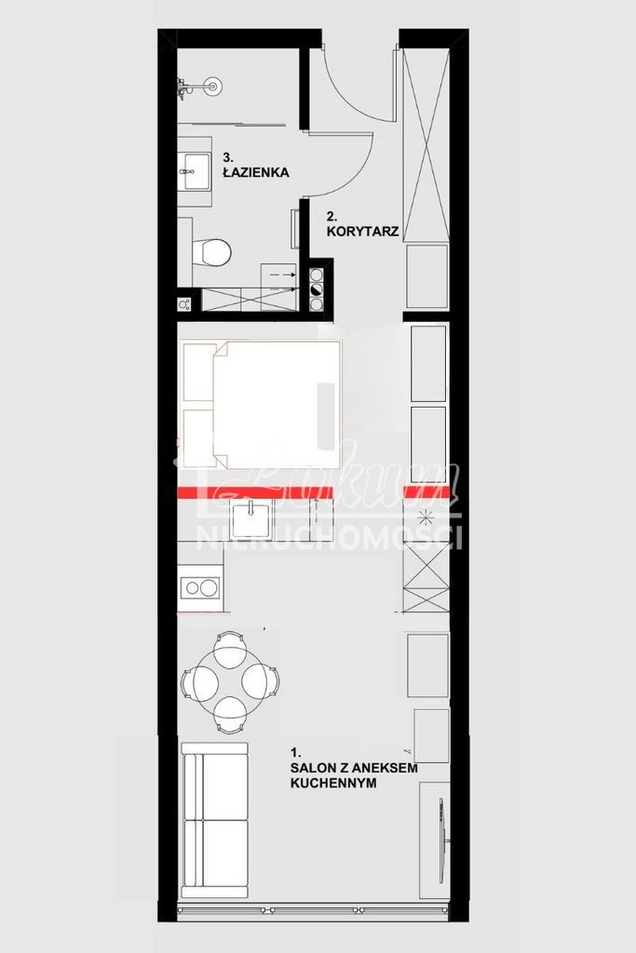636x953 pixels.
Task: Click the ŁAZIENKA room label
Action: click(256, 172)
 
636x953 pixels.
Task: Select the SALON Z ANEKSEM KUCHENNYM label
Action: click(354, 768)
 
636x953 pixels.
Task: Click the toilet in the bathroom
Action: click(214, 252)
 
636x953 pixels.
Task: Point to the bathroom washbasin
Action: click(196, 168)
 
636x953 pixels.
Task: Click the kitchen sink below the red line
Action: click(251, 519)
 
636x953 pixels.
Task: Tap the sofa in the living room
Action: click(215, 819)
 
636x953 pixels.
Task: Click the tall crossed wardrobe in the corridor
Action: click(426, 144)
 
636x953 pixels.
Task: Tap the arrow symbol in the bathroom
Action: click(279, 275)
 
